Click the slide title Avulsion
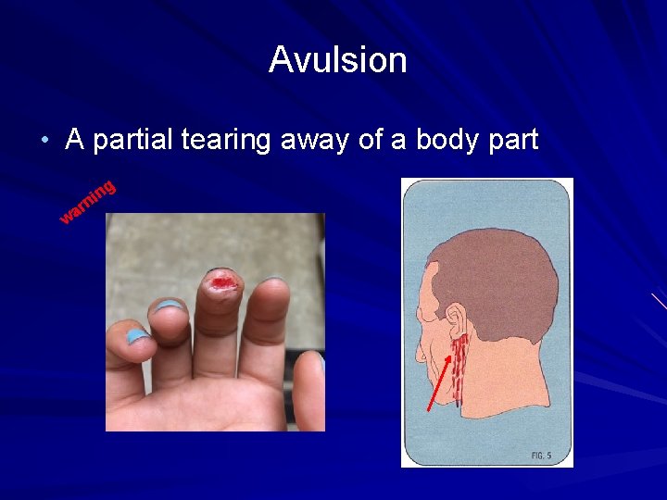[x=337, y=60]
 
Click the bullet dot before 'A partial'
[x=44, y=141]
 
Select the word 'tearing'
[x=226, y=141]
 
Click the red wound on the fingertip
[x=221, y=281]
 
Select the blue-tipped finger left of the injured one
[x=170, y=324]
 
